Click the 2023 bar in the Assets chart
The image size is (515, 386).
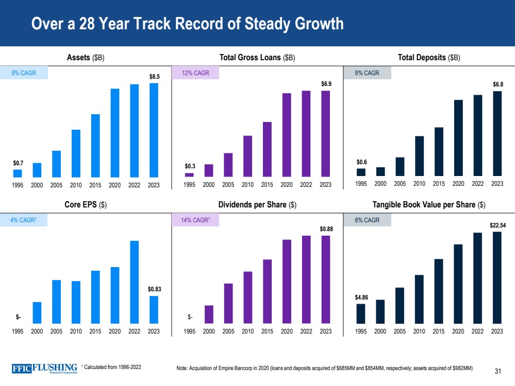pyautogui.click(x=154, y=130)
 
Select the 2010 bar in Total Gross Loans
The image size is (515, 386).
pyautogui.click(x=247, y=156)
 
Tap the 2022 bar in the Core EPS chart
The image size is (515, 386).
pyautogui.click(x=134, y=281)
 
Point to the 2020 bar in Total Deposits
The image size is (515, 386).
pyautogui.click(x=458, y=138)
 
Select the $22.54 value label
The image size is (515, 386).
pyautogui.click(x=497, y=225)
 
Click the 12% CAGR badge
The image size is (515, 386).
pyautogui.click(x=195, y=73)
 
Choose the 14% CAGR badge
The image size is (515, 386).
pyautogui.click(x=195, y=220)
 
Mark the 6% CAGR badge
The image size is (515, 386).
pyautogui.click(x=367, y=220)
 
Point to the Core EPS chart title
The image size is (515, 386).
pyautogui.click(x=85, y=205)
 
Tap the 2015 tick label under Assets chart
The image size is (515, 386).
pyautogui.click(x=95, y=184)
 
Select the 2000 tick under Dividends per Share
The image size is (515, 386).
pyautogui.click(x=209, y=331)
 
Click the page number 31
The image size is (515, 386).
pyautogui.click(x=498, y=371)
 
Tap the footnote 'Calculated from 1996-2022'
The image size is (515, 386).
pyautogui.click(x=112, y=366)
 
